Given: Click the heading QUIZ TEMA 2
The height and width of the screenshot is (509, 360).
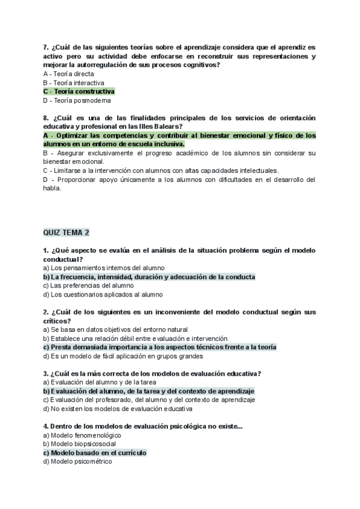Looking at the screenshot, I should click(x=66, y=232).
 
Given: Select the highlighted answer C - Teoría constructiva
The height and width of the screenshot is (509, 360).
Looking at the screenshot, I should click(x=79, y=92).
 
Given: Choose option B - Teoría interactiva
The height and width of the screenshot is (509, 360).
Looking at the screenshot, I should click(x=74, y=83).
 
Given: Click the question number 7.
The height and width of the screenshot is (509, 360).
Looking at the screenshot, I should click(x=46, y=47).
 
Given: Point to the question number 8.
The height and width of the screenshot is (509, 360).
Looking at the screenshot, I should click(x=46, y=118).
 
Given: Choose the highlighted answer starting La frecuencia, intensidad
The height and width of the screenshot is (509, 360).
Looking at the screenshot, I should click(x=149, y=277).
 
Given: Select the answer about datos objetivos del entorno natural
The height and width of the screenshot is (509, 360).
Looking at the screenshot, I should click(x=115, y=330).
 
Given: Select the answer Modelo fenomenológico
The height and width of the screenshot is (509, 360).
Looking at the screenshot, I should click(x=82, y=435).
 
